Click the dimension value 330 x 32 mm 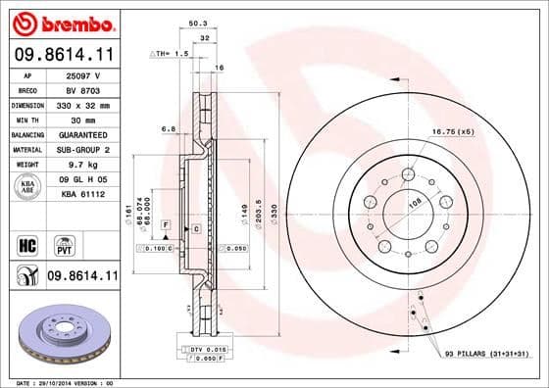(82, 104)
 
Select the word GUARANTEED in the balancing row (82, 134)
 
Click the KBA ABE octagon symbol (28, 187)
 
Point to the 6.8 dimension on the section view (168, 127)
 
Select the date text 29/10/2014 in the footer (64, 381)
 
